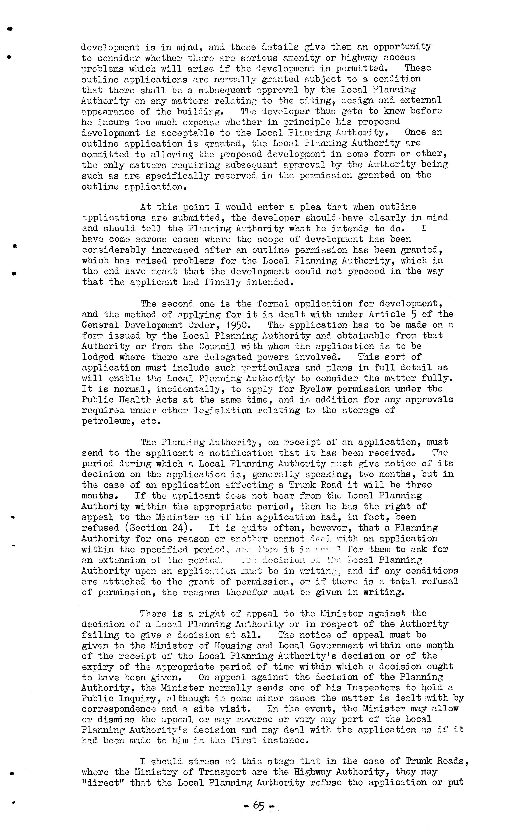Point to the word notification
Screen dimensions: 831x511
(x=241, y=453)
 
